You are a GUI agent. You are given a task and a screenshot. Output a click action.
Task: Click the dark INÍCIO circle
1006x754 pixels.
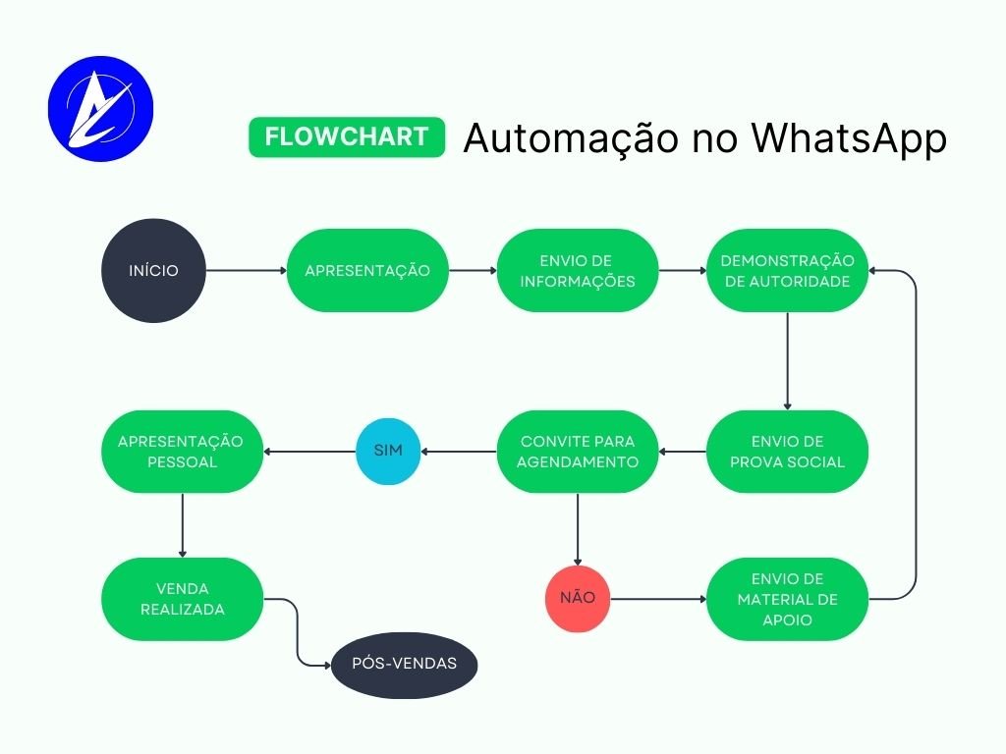click(x=154, y=270)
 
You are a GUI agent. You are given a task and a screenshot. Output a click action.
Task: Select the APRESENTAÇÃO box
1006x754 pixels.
click(x=367, y=270)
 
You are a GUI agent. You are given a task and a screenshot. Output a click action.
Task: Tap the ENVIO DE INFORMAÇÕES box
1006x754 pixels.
click(x=578, y=270)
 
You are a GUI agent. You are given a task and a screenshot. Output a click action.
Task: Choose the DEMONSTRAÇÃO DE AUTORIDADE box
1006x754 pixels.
click(x=787, y=270)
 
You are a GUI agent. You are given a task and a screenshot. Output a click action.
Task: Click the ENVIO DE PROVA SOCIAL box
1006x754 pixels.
click(x=787, y=452)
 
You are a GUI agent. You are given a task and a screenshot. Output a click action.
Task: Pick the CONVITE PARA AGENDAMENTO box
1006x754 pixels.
click(x=578, y=452)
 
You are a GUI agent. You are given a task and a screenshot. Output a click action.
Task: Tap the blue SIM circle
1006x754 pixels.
click(x=387, y=452)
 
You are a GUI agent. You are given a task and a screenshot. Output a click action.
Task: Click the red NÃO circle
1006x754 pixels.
click(x=578, y=597)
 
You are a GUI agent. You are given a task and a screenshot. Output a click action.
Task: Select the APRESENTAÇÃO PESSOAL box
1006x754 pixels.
click(x=182, y=452)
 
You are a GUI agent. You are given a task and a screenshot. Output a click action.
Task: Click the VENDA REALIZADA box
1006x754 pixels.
click(x=182, y=598)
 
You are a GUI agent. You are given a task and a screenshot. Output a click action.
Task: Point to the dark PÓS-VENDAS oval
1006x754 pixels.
click(x=405, y=664)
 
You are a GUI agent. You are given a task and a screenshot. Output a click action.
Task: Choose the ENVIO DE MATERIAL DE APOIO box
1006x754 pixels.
click(x=787, y=599)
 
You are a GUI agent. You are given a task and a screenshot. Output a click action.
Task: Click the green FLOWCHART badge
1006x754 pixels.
click(x=347, y=136)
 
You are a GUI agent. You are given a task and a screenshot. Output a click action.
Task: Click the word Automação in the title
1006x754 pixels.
click(x=570, y=138)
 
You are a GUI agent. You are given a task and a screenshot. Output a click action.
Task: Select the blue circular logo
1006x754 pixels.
click(x=100, y=104)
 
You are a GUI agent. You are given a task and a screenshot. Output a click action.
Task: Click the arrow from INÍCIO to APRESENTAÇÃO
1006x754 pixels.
click(x=246, y=270)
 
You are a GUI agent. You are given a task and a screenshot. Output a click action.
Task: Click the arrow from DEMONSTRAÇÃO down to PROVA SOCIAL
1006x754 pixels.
click(x=787, y=360)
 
